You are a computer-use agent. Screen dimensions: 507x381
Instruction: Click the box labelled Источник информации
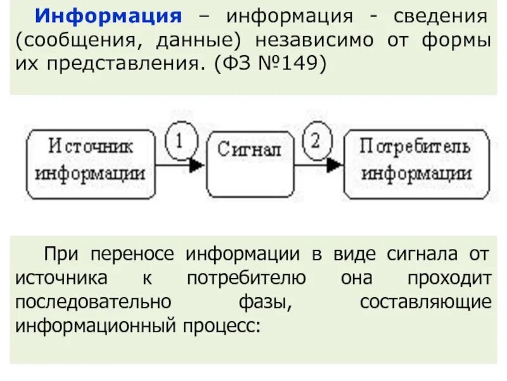(x=90, y=164)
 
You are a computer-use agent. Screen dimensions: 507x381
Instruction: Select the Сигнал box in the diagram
(x=250, y=164)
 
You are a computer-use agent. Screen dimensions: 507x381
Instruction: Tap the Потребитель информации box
(x=416, y=164)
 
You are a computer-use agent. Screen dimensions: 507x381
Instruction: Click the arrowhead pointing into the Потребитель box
(x=335, y=165)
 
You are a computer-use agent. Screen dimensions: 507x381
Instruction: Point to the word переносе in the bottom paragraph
(x=137, y=255)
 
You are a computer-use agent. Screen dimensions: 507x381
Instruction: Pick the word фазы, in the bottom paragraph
(x=270, y=302)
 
